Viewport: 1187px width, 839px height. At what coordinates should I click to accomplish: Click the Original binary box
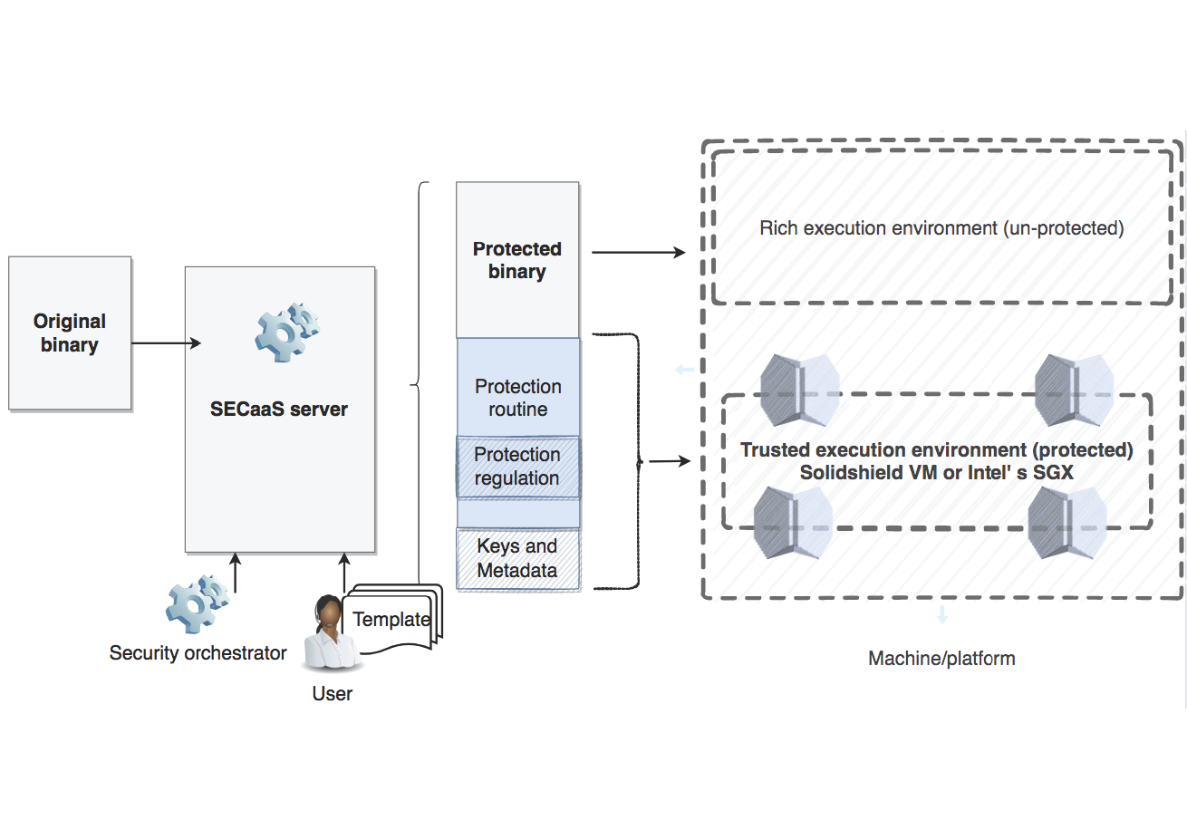coord(70,333)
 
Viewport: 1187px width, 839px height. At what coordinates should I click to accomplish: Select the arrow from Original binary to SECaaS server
coord(166,343)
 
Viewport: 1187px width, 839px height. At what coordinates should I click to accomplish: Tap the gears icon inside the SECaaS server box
coord(286,333)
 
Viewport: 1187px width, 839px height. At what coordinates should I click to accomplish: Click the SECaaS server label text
coord(279,410)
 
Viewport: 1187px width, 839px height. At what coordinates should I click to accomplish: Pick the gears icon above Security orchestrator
coord(197,603)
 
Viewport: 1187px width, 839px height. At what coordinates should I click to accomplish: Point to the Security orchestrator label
coord(198,653)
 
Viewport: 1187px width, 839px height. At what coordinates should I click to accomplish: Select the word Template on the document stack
coord(391,620)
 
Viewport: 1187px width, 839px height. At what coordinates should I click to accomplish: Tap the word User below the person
coord(332,694)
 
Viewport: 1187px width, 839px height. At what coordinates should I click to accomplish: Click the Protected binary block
coord(517,260)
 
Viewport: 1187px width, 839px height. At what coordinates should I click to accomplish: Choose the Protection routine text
coord(518,398)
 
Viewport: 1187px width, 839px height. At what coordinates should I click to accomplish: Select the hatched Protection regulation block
coord(517,467)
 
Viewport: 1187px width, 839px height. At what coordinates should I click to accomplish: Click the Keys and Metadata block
coord(517,558)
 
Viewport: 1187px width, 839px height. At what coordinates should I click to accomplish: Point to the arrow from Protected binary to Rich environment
coord(638,253)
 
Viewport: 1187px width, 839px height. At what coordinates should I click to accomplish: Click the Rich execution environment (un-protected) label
coord(941,228)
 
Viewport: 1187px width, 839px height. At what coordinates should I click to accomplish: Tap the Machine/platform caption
coord(941,659)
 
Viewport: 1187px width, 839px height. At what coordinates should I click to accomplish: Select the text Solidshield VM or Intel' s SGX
coord(936,473)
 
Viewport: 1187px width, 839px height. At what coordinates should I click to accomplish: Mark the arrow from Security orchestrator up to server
coord(236,573)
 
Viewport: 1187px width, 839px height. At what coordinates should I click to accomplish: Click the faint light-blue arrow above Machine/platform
coord(942,615)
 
